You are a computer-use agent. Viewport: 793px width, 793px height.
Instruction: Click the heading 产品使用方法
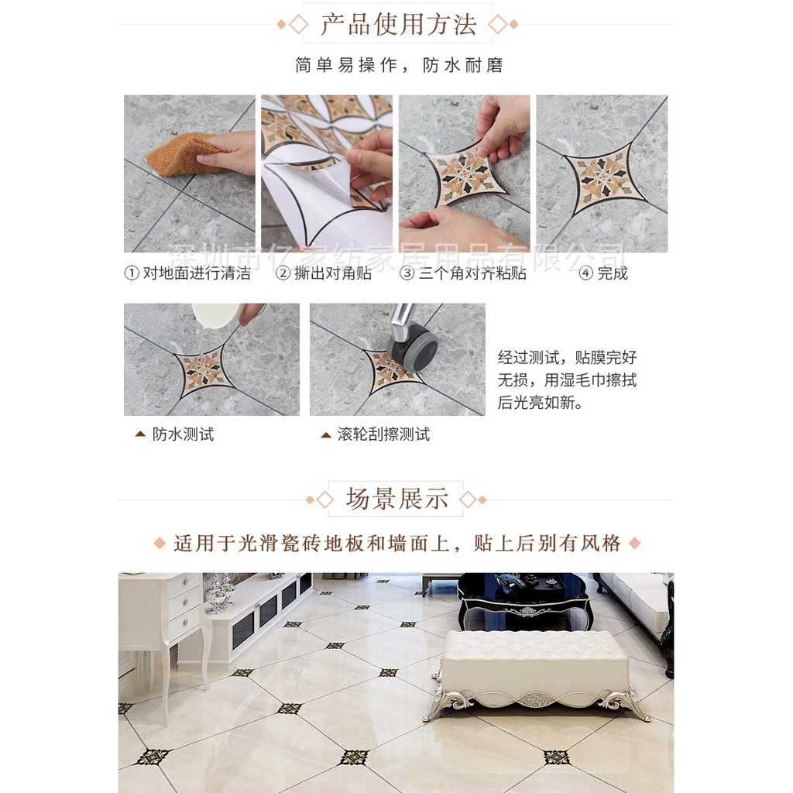[x=399, y=24]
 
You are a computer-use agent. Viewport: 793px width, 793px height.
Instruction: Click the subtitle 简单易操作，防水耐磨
[x=399, y=65]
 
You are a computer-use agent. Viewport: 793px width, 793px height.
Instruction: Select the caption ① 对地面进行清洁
[x=187, y=273]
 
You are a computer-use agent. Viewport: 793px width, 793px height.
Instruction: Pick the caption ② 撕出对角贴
[x=324, y=273]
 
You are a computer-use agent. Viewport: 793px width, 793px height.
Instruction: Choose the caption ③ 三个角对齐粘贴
[x=463, y=273]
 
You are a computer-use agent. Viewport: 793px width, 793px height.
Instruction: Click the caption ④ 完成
[x=603, y=273]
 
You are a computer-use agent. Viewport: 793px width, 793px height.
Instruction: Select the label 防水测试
[x=183, y=434]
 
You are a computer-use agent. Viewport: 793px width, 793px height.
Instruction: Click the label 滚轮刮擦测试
[x=384, y=434]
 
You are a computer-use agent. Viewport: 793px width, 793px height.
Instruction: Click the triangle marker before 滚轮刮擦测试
[x=326, y=434]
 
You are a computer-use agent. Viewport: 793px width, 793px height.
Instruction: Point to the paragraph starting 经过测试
[x=568, y=379]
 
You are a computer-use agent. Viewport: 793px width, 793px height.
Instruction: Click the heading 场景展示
[x=396, y=499]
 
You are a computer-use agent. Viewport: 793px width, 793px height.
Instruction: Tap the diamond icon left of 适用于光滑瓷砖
[x=160, y=544]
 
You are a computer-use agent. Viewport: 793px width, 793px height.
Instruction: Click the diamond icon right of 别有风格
[x=634, y=544]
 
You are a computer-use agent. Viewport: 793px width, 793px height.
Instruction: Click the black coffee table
[x=524, y=601]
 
